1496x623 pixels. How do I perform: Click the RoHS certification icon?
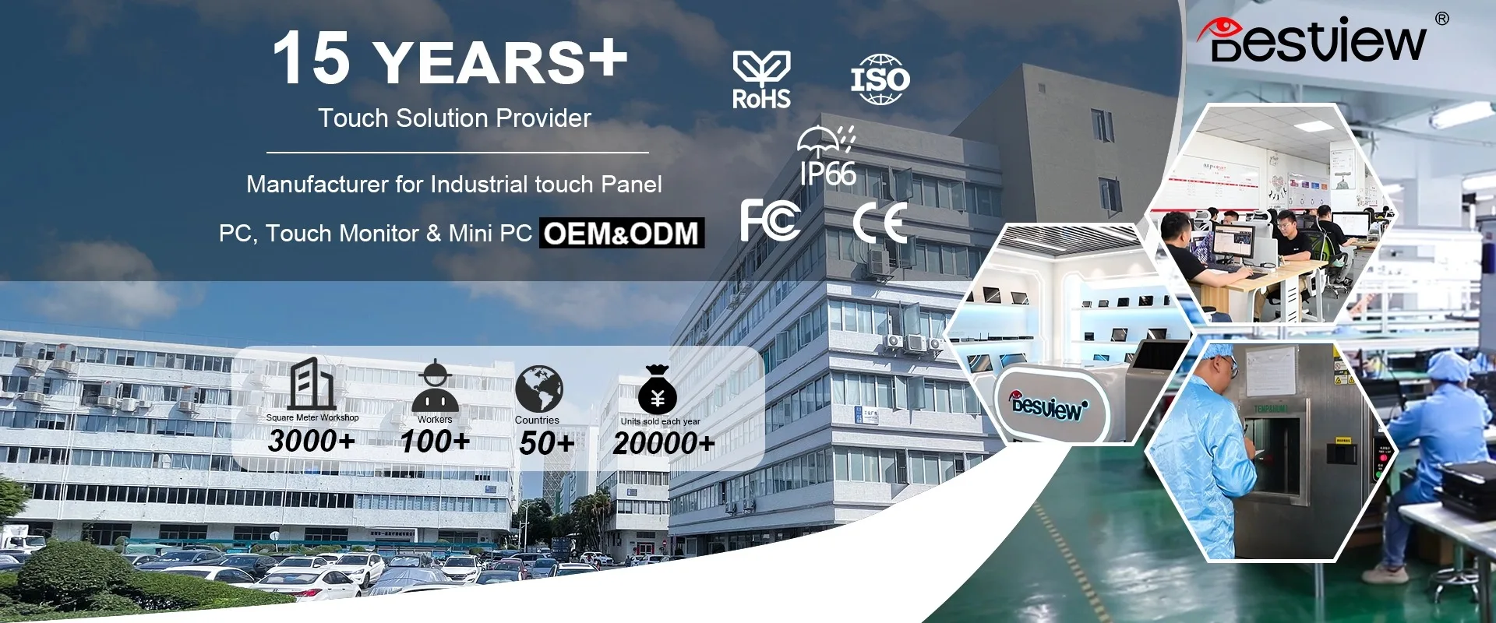coord(761,79)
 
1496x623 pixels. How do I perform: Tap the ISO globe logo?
coord(880,79)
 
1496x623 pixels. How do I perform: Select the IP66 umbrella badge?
coord(827,157)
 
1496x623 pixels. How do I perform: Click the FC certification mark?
coord(770,220)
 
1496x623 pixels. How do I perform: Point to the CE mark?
coord(880,223)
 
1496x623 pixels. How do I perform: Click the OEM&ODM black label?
coord(622,233)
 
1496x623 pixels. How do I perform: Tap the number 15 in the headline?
coord(311,58)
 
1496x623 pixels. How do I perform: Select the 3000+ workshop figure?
coord(312,441)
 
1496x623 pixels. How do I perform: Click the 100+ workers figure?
coord(435,442)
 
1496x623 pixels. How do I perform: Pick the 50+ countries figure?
coord(546,443)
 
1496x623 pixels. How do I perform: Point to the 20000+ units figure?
coord(663,443)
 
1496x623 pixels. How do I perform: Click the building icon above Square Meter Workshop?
coord(312,383)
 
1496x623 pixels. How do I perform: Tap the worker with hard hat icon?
coord(435,385)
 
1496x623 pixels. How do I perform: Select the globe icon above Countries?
coord(538,389)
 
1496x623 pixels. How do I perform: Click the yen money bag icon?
coord(657,389)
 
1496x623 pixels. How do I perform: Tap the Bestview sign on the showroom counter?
coord(1049,405)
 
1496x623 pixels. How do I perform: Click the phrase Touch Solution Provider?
coord(454,118)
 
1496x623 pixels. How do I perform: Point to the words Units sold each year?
coord(660,421)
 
